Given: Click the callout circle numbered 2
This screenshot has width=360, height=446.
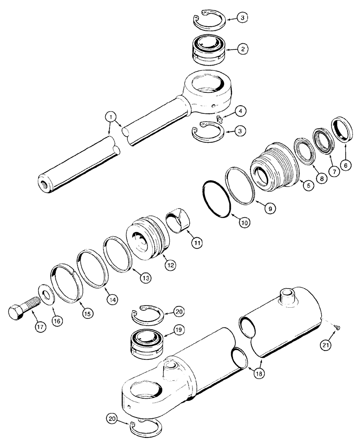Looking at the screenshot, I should tap(243, 49).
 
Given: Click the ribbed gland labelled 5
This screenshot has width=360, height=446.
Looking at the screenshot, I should tap(273, 166).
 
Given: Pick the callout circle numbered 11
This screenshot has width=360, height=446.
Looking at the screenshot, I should tap(196, 243).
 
